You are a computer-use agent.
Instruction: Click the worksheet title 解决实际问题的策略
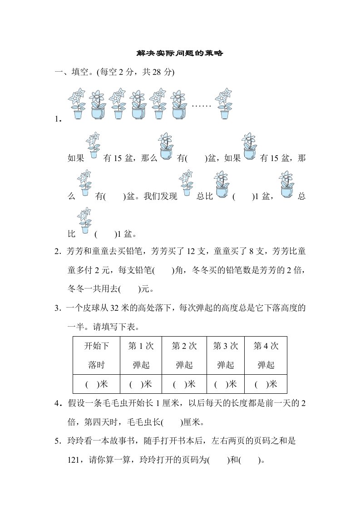point(180,54)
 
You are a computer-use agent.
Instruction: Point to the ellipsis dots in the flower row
point(202,105)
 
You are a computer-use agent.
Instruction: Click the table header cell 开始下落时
point(96,355)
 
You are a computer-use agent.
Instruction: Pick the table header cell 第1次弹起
point(141,355)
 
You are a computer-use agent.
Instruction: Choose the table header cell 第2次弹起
point(184,355)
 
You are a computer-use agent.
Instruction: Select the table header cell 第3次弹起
point(226,355)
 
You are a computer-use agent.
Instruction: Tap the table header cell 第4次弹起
point(266,355)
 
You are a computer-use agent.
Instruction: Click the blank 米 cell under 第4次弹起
point(266,384)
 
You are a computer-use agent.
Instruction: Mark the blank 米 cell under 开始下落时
point(96,384)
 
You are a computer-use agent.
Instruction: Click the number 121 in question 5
point(74,460)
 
